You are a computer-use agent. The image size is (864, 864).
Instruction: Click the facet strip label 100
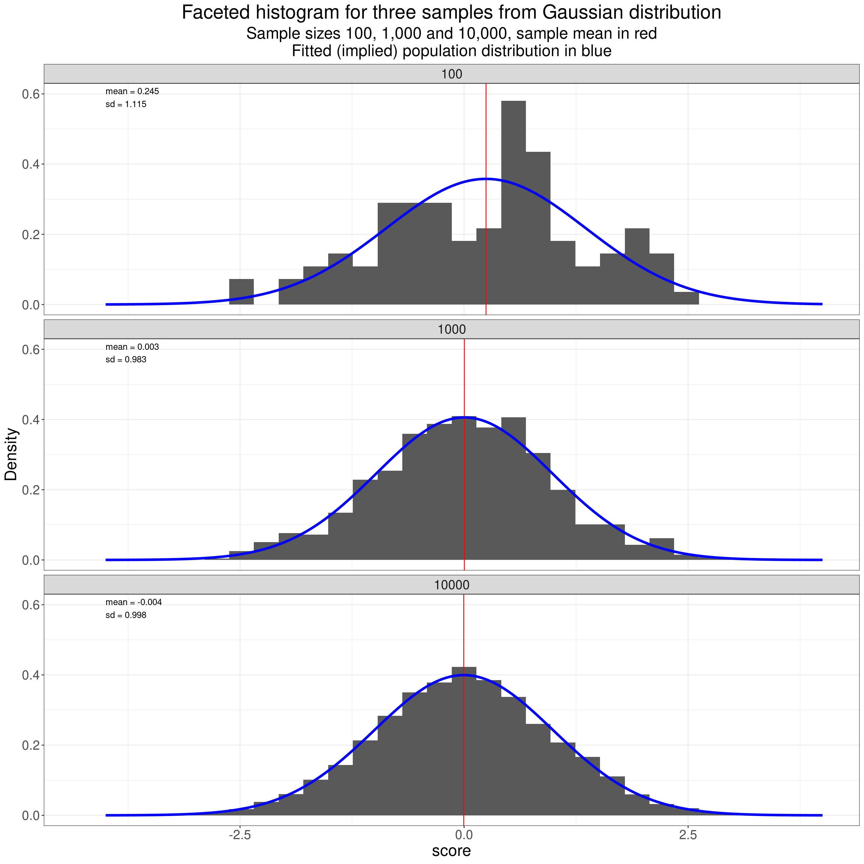click(452, 74)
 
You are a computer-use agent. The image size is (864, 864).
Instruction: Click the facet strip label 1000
click(452, 330)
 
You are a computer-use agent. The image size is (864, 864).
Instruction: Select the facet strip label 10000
click(452, 585)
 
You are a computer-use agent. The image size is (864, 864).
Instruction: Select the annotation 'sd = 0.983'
click(126, 360)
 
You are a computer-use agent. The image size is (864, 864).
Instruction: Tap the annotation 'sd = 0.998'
click(126, 615)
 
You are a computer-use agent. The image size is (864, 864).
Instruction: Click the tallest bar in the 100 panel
click(513, 201)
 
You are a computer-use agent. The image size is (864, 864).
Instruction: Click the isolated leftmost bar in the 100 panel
click(241, 292)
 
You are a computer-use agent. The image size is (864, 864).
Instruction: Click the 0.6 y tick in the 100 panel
click(30, 94)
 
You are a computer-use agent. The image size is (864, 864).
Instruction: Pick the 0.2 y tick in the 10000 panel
click(30, 745)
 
